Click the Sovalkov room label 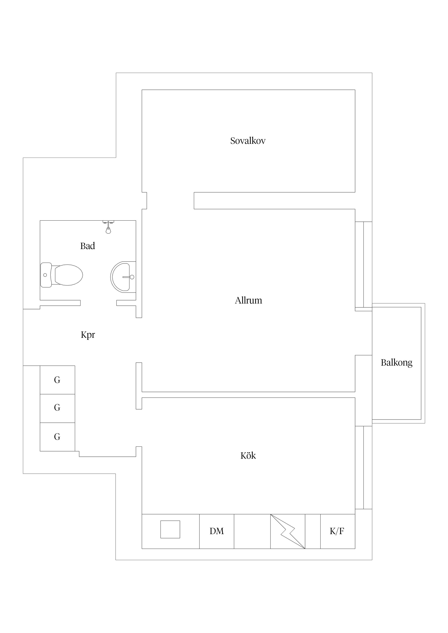pyautogui.click(x=248, y=141)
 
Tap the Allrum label pyautogui.click(x=248, y=300)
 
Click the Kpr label pyautogui.click(x=88, y=335)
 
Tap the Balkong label pyautogui.click(x=397, y=363)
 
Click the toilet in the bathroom pyautogui.click(x=62, y=275)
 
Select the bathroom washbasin pyautogui.click(x=123, y=277)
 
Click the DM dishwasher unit pyautogui.click(x=217, y=531)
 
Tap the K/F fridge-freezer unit pyautogui.click(x=338, y=531)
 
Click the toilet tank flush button pyautogui.click(x=45, y=275)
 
